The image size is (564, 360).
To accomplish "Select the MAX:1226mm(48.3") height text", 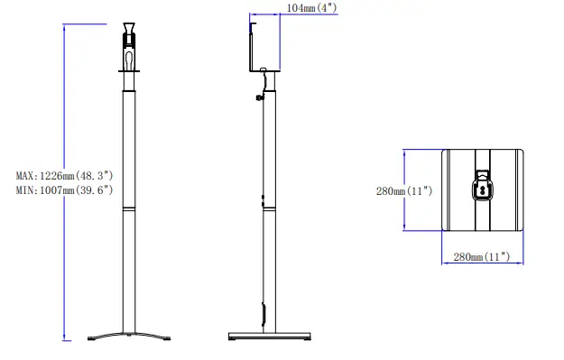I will point(64,175).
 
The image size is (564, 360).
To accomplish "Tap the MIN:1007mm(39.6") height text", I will point(64,190).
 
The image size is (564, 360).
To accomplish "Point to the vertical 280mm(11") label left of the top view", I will point(404,190).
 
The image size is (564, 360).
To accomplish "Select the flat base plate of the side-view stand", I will point(270,336).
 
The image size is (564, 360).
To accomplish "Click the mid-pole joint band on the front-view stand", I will point(129,208).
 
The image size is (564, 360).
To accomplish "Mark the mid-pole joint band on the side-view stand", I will point(269,208).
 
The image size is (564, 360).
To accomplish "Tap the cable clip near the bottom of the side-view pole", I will point(264,314).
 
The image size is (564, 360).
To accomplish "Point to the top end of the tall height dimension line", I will point(64,26).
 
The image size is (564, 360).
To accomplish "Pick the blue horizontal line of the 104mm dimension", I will point(265,14).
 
